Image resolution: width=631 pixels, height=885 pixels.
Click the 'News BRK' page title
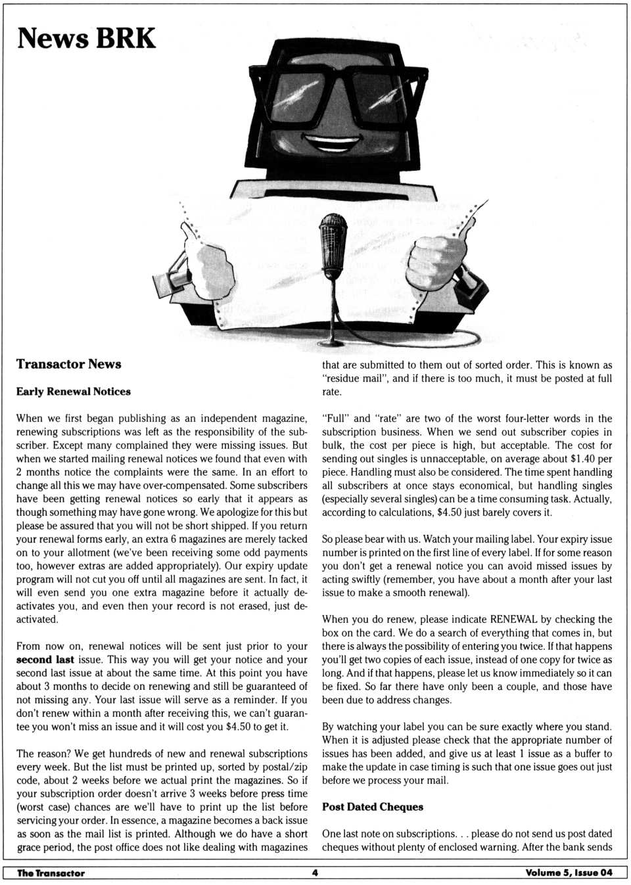pos(86,38)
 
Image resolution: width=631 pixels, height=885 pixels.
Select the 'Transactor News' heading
pos(68,364)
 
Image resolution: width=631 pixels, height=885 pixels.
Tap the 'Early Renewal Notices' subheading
pos(73,392)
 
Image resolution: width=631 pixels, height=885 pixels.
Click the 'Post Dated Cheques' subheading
pos(372,807)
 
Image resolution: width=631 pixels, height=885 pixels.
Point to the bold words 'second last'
pos(45,660)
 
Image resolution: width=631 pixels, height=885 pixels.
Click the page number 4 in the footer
pos(315,873)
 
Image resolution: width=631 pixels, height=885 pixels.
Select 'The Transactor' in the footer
pos(51,873)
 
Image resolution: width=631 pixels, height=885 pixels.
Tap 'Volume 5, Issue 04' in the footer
pos(569,873)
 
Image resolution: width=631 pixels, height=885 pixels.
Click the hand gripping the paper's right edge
pos(434,263)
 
